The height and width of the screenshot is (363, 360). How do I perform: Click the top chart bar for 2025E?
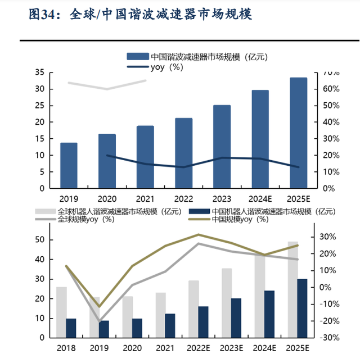click(x=298, y=133)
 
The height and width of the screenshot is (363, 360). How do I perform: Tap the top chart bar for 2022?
click(x=183, y=153)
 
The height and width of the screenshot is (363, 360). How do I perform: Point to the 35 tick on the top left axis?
click(x=39, y=72)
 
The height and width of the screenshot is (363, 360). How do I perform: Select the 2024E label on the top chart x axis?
click(x=260, y=198)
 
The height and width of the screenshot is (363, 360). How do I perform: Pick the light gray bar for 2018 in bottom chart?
click(x=61, y=312)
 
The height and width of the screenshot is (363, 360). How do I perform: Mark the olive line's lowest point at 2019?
click(x=100, y=307)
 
